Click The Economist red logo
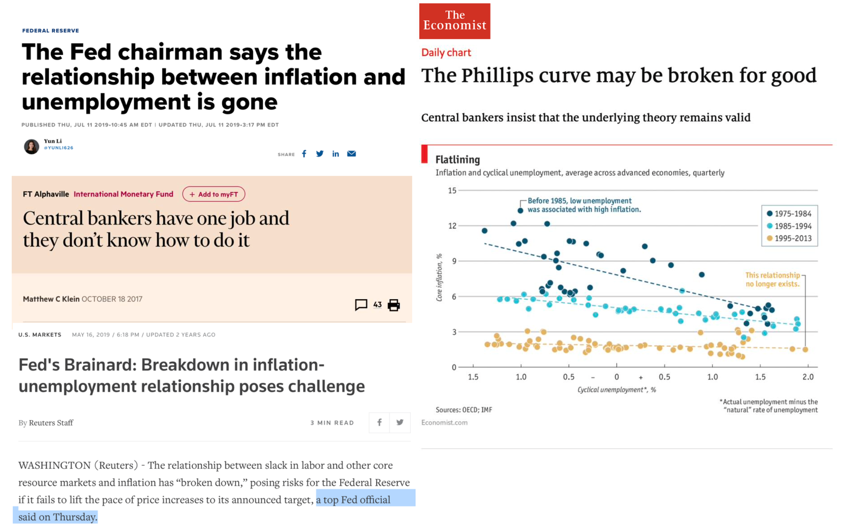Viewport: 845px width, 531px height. pos(454,21)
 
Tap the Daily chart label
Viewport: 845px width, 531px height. pos(446,52)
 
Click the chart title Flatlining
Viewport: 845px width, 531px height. pos(457,159)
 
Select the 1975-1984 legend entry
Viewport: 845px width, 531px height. pos(789,214)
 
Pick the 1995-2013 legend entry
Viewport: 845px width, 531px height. pos(789,239)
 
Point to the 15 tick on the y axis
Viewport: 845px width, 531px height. pos(452,191)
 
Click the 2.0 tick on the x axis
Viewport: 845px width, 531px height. pos(808,377)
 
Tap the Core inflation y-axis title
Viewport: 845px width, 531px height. pos(439,278)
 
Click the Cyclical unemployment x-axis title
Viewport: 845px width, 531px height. pos(616,390)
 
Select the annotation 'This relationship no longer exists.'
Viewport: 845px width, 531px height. pos(772,279)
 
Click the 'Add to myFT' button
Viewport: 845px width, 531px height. pos(213,194)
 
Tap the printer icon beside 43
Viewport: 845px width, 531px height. pos(393,305)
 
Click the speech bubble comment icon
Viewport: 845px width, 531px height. pos(361,305)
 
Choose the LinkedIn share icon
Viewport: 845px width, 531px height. pos(335,154)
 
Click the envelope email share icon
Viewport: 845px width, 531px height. pos(351,154)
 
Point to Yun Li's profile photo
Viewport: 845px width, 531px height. pos(31,146)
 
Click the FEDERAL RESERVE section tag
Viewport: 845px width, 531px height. pos(50,31)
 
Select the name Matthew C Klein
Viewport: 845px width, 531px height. pos(51,299)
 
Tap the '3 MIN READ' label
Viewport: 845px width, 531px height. pos(332,423)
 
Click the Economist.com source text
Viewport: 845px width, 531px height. pos(444,422)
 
